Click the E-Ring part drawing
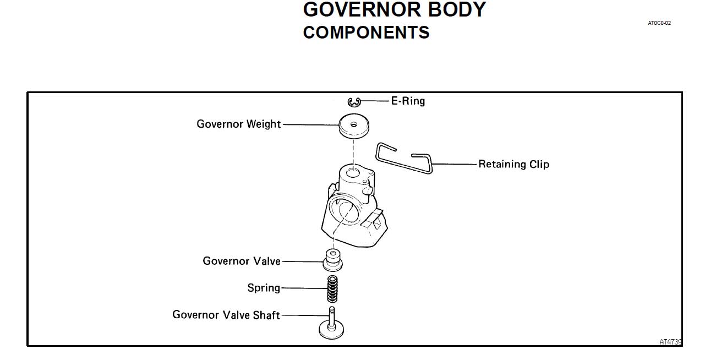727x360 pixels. point(354,102)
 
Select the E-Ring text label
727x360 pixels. point(408,101)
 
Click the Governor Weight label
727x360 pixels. point(239,124)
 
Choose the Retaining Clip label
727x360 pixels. point(513,164)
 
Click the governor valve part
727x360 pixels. point(332,260)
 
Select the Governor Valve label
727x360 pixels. point(242,261)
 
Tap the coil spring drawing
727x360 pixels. point(333,288)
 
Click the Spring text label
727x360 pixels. point(264,288)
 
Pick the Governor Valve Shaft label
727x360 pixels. point(226,315)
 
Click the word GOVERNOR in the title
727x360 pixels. point(359,10)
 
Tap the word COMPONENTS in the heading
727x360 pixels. point(366,32)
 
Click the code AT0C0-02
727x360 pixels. point(659,23)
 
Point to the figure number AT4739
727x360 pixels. point(671,342)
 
